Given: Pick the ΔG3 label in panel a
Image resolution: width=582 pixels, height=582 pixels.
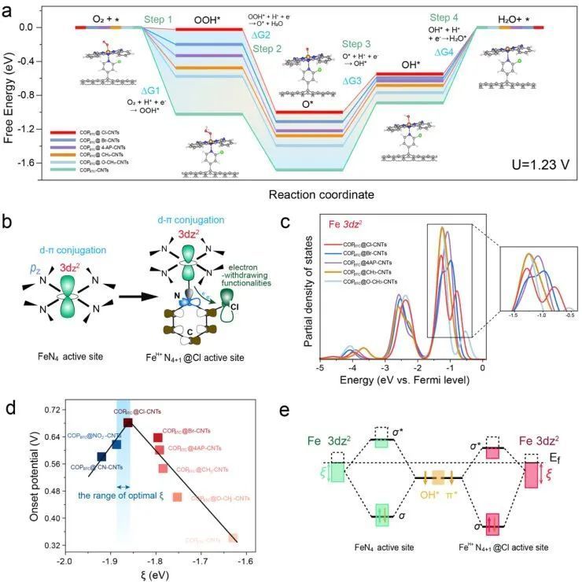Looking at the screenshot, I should [x=352, y=81].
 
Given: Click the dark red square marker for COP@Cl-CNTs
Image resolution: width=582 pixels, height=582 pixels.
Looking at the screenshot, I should [x=127, y=422].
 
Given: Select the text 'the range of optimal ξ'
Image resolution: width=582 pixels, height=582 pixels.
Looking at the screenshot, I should [x=123, y=497].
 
